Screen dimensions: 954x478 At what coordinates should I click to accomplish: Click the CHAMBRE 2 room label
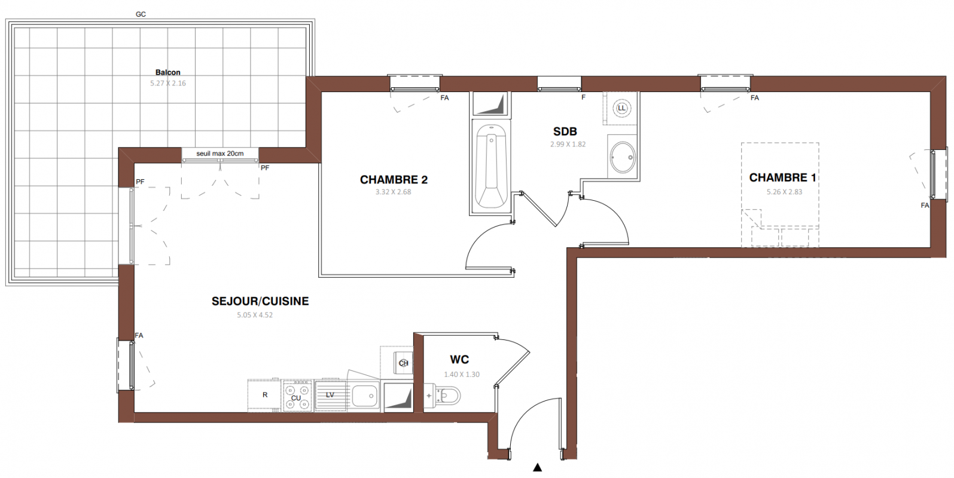pos(394,180)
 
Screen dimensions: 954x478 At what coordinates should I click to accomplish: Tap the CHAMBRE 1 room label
pos(782,178)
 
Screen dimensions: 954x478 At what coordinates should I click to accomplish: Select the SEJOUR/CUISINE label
pos(260,301)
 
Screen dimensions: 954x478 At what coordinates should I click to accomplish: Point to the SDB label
pos(565,131)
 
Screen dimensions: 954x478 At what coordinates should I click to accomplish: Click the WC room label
pos(459,360)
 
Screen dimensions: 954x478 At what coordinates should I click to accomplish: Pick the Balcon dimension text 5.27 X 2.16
pos(168,84)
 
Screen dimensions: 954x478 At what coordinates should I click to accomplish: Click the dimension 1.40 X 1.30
pos(462,375)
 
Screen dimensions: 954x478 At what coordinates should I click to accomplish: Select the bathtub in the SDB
pos(491,166)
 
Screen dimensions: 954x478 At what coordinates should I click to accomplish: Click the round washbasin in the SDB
pos(623,157)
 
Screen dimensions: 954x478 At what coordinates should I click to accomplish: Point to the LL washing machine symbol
pos(621,108)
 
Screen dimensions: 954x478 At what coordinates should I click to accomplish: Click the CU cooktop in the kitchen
pos(297,396)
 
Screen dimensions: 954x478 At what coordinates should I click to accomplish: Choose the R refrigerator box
pos(264,395)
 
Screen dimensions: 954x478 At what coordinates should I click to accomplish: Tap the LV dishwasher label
pos(330,395)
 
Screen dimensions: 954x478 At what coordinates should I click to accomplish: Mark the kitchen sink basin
pos(365,396)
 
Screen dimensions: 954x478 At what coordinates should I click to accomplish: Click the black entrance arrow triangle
pos(538,467)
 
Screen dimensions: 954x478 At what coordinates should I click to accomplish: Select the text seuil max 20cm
pos(220,154)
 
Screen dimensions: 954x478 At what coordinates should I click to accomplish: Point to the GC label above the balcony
pos(141,14)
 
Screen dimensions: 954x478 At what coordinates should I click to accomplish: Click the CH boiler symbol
pos(403,363)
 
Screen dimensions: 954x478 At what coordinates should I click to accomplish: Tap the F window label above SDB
pos(584,97)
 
